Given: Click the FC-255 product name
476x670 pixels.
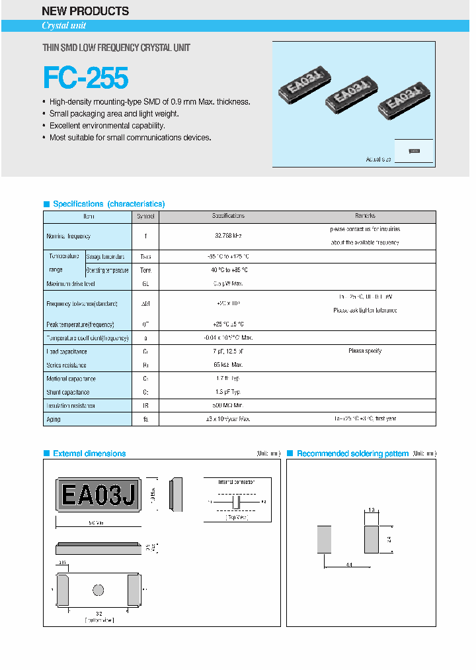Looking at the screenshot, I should tap(85, 78).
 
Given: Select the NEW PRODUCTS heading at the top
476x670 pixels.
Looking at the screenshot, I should tap(85, 11).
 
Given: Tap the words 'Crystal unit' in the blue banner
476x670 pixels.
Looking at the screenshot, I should tap(64, 26).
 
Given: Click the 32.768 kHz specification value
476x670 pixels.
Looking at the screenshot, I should tap(228, 236).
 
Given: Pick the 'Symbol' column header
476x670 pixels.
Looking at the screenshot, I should tap(145, 216).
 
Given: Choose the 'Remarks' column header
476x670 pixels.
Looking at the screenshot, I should tap(365, 216).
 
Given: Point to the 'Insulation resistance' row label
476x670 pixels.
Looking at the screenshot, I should tap(71, 405).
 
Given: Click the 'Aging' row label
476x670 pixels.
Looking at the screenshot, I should tap(53, 419).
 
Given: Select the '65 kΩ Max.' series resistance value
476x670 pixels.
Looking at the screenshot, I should tap(228, 365).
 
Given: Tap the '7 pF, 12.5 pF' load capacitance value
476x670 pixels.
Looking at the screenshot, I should tap(228, 352).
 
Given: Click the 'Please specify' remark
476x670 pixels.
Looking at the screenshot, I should tap(365, 351).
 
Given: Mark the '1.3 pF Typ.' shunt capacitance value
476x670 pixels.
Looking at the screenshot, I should tap(228, 392).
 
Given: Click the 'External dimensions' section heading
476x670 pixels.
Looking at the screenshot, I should tap(89, 454).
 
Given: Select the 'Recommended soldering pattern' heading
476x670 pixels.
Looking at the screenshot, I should tap(352, 454).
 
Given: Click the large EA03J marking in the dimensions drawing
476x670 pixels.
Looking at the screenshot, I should tap(98, 495).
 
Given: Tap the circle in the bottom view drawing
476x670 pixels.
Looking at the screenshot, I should tap(99, 589).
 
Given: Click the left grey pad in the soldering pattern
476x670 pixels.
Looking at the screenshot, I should tap(324, 539).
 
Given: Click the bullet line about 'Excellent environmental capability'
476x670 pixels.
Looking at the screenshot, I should tap(107, 126).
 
